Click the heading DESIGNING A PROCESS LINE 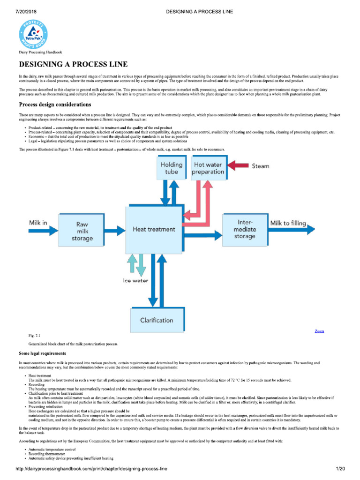click(x=73, y=64)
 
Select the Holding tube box click(x=172, y=168)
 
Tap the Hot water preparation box click(x=209, y=168)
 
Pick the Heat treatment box click(x=154, y=230)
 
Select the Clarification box click(x=157, y=320)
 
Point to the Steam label click(x=261, y=166)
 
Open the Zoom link click(x=319, y=331)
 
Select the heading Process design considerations click(x=55, y=104)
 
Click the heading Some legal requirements click(x=42, y=353)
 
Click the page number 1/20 click(x=340, y=469)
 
